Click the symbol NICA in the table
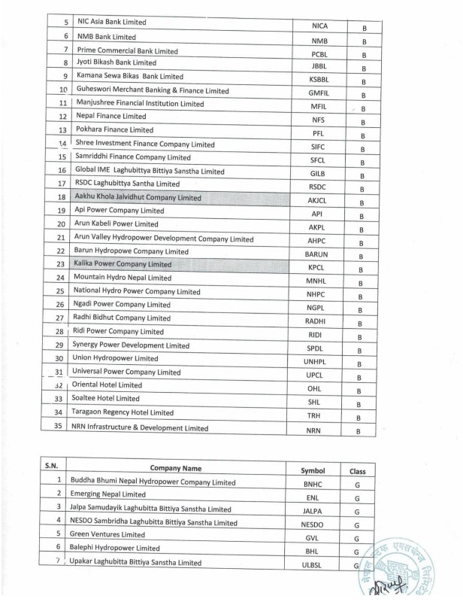pos(319,26)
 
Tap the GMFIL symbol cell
pos(319,93)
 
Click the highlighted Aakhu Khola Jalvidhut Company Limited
pos(138,198)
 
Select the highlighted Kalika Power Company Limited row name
pos(123,265)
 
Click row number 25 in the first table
pos(60,292)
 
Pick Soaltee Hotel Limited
pos(107,399)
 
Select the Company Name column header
pos(175,467)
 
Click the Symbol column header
pos(311,470)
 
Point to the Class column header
pos(357,470)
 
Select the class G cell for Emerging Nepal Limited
pos(358,499)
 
